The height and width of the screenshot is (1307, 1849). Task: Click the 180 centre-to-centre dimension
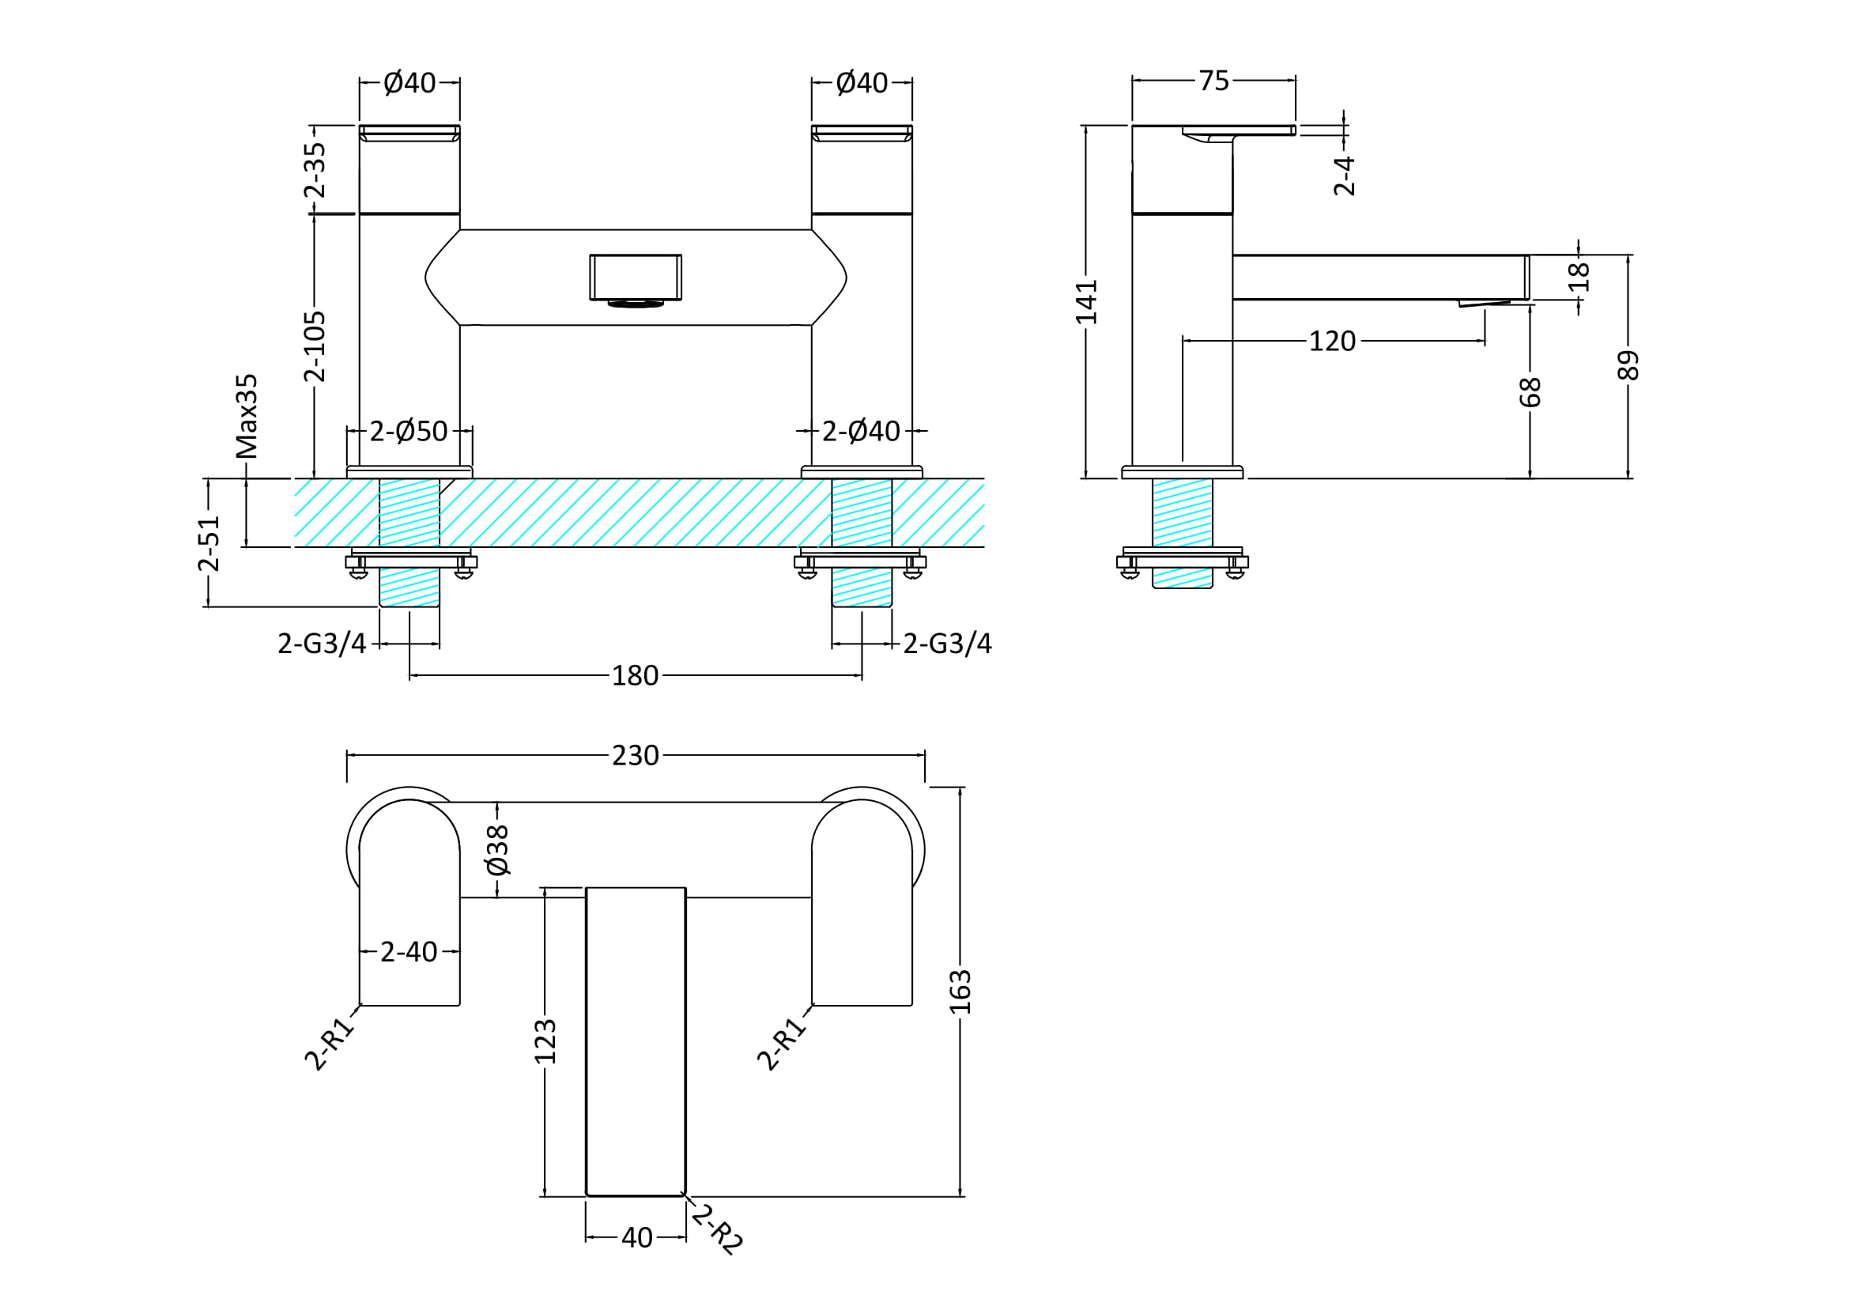click(635, 676)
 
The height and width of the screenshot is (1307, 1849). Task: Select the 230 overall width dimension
click(635, 755)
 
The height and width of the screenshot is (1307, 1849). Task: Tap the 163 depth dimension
click(960, 992)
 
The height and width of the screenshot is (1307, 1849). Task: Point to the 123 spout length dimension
click(545, 1041)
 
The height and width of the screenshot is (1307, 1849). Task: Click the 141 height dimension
click(1086, 302)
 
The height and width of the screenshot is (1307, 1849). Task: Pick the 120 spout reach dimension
click(1332, 342)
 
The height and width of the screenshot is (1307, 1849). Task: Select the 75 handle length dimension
click(1213, 81)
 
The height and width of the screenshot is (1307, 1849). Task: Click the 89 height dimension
click(1628, 365)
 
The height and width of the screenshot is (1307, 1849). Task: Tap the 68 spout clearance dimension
click(1530, 392)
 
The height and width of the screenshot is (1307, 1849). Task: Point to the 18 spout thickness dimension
click(1579, 276)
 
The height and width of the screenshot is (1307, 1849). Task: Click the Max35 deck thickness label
click(247, 416)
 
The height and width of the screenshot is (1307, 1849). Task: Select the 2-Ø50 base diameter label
click(408, 432)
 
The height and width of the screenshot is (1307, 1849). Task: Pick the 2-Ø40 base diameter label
click(860, 432)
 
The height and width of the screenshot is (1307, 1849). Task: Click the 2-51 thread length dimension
click(209, 543)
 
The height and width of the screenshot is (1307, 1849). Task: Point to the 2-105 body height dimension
click(315, 346)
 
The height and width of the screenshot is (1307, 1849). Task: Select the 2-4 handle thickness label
click(1344, 176)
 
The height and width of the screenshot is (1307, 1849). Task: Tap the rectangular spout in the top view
click(636, 1041)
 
